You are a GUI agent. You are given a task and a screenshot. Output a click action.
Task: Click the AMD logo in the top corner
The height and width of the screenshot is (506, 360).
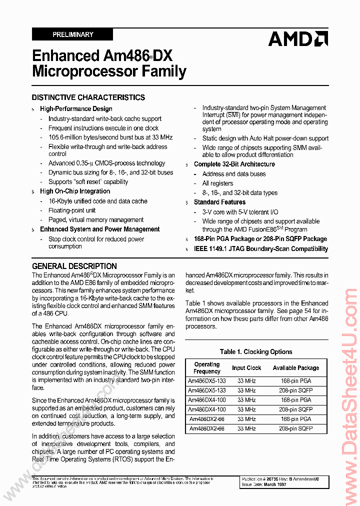tap(298, 38)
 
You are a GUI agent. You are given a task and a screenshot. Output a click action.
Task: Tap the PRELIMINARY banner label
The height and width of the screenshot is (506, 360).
tap(72, 34)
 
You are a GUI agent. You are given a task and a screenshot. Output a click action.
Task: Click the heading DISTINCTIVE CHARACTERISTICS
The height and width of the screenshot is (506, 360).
tap(88, 97)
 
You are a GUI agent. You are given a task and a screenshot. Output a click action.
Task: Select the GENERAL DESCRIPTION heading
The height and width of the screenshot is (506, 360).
tap(74, 266)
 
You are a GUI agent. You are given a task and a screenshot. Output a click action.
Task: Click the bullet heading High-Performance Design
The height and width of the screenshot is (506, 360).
tap(76, 108)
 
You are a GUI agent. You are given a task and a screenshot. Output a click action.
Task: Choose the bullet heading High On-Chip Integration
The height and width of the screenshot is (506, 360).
tap(75, 191)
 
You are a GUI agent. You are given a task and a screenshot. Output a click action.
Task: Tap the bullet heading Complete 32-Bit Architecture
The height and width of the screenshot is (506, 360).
tap(234, 164)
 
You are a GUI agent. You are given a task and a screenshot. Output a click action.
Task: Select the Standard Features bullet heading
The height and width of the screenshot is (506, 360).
tap(219, 202)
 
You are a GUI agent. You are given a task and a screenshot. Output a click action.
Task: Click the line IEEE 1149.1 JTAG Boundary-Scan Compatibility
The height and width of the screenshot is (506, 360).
tap(261, 248)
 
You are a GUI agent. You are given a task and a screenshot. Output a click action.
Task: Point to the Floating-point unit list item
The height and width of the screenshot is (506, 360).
tap(72, 210)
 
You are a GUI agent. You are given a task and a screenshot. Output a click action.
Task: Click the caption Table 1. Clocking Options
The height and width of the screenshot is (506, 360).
tap(256, 351)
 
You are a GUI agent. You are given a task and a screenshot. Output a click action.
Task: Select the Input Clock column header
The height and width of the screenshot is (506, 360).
tap(246, 368)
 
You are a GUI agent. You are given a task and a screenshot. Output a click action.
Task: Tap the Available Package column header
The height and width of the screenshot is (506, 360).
tap(296, 368)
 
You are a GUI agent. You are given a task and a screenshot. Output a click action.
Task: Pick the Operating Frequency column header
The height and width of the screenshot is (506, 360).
tap(207, 368)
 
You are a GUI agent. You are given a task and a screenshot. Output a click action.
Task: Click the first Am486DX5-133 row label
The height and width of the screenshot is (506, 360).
tap(207, 381)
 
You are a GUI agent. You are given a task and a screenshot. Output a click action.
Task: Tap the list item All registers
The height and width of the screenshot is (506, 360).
tap(217, 183)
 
